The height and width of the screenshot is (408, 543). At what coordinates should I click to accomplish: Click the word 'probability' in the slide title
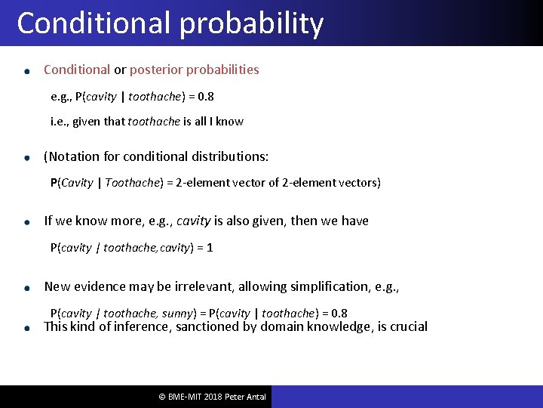pos(252,24)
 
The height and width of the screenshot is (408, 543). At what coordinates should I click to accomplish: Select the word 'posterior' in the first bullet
pos(157,70)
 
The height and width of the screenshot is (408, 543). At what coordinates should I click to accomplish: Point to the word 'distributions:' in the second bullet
pos(230,156)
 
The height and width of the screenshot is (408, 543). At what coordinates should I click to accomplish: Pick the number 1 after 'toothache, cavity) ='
pos(209,247)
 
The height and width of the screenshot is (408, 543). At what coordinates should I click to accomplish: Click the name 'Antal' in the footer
pos(253,397)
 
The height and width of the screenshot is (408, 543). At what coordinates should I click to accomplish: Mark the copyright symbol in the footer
pos(161,397)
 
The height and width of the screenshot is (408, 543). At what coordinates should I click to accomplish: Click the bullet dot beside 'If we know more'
pos(26,222)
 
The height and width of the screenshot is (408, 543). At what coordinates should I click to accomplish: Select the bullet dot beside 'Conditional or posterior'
pos(26,71)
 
